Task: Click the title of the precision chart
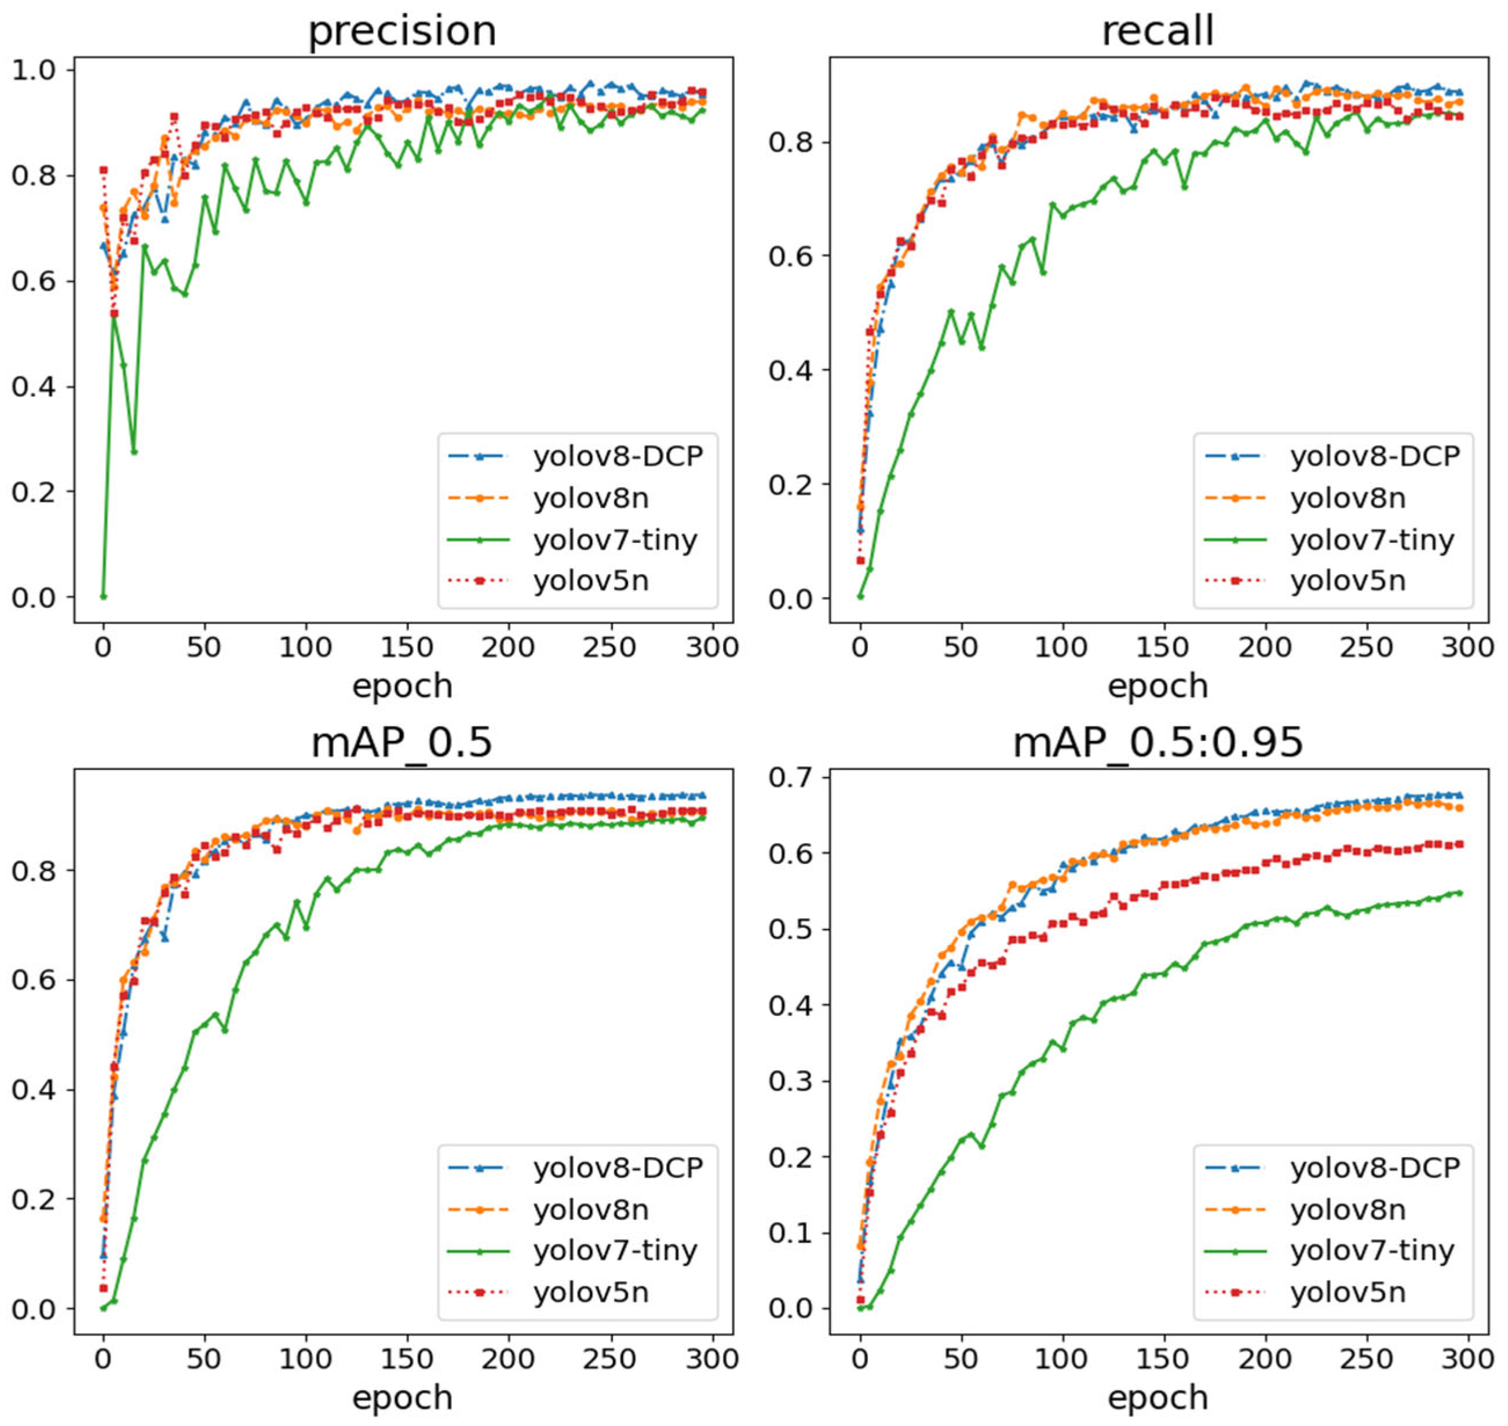[401, 32]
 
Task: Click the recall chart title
[1157, 32]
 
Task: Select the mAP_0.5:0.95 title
[1157, 743]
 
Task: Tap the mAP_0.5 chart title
[401, 743]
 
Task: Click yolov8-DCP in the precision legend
[617, 456]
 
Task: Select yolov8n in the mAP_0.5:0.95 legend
[1347, 1209]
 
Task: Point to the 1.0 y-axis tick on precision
[32, 70]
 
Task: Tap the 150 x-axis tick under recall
[1163, 648]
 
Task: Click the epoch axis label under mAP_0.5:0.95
[1157, 1397]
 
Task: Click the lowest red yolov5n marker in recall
[860, 560]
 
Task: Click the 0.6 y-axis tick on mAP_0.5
[32, 980]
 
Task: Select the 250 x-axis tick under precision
[609, 648]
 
